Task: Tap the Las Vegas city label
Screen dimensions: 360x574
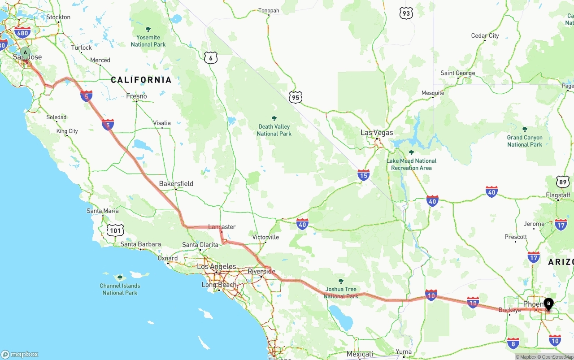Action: coord(377,133)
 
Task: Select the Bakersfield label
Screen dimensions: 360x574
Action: coord(176,183)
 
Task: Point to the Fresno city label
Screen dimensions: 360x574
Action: coord(136,96)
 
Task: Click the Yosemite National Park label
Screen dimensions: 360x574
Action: coord(148,41)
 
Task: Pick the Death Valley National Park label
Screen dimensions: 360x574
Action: coord(274,130)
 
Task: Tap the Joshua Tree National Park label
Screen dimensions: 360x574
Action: coord(341,292)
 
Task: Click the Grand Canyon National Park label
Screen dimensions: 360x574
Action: coord(525,141)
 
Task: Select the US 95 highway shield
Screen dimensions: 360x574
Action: coord(295,97)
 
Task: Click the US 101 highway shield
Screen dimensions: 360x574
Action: coord(115,230)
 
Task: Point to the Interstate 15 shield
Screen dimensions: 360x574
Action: coord(364,175)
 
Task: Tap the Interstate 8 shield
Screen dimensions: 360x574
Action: coord(513,343)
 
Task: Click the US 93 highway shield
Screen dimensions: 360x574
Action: coord(406,13)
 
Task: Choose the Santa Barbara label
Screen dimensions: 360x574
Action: coord(140,244)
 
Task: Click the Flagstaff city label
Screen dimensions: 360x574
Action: coord(558,195)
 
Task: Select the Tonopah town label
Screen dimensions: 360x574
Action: coord(269,10)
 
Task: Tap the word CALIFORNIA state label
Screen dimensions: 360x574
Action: coord(141,80)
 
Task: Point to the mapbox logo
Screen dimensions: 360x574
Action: coord(20,354)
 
